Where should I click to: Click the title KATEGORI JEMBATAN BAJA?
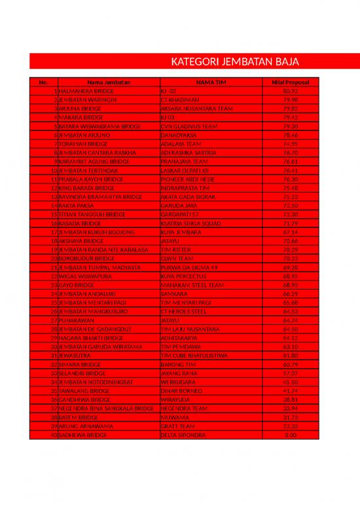[235, 62]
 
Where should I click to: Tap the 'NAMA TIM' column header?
[211, 82]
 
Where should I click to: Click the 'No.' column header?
[44, 82]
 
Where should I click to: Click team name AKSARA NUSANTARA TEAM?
[196, 109]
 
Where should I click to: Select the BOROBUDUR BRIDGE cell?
[86, 258]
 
